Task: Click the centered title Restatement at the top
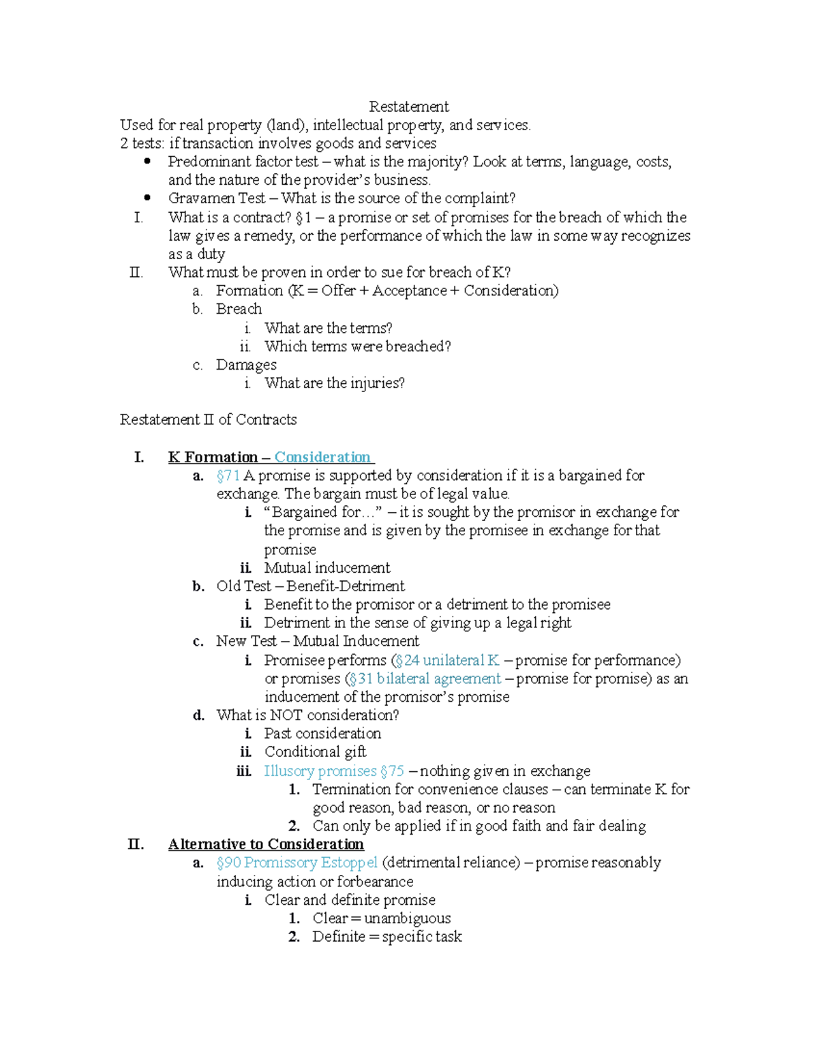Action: point(408,106)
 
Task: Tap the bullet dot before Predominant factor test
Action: point(147,162)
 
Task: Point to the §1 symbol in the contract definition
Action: point(303,218)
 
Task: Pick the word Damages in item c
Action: point(246,365)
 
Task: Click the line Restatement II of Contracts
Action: point(208,419)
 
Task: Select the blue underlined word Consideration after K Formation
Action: point(322,457)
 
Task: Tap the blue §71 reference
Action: point(228,475)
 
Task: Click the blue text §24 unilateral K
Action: point(447,660)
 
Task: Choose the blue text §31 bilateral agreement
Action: point(424,678)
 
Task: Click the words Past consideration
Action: point(322,734)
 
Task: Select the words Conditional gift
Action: point(315,752)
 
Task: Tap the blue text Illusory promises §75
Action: point(334,771)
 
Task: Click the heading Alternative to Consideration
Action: point(266,844)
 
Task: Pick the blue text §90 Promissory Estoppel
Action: point(297,863)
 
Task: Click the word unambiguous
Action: point(407,919)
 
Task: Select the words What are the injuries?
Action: point(334,383)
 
